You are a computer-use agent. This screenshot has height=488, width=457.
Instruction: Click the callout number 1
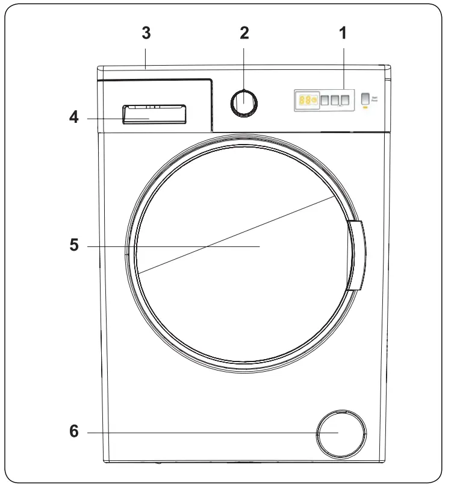pyautogui.click(x=343, y=33)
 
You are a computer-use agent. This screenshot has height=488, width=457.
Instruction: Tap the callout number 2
pyautogui.click(x=244, y=33)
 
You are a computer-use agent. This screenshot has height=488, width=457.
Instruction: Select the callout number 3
pyautogui.click(x=145, y=33)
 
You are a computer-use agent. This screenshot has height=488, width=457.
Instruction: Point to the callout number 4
pyautogui.click(x=73, y=118)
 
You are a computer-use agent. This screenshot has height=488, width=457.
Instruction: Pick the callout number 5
pyautogui.click(x=73, y=246)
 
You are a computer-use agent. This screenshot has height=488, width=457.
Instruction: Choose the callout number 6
pyautogui.click(x=73, y=433)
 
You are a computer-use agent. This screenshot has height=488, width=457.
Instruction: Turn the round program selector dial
pyautogui.click(x=244, y=102)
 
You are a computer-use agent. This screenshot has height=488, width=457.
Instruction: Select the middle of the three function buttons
pyautogui.click(x=335, y=100)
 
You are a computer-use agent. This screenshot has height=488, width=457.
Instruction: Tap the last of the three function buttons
pyautogui.click(x=345, y=100)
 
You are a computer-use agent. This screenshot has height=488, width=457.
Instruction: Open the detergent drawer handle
pyautogui.click(x=154, y=114)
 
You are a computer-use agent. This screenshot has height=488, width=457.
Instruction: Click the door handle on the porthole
pyautogui.click(x=355, y=255)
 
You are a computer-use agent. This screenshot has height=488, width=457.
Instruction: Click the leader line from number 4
pyautogui.click(x=108, y=119)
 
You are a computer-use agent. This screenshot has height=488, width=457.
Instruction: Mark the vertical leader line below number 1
pyautogui.click(x=343, y=66)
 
